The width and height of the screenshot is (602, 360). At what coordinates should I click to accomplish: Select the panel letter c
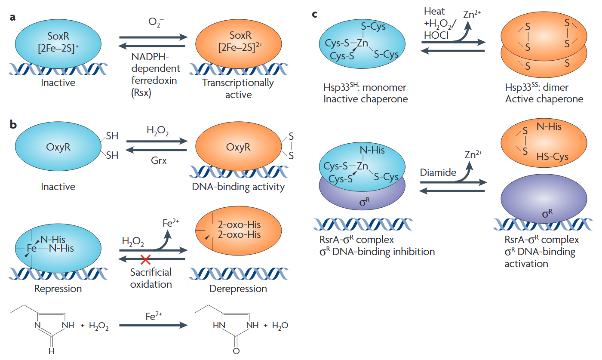point(315,15)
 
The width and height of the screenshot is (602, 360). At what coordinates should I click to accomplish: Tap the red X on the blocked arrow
point(146,259)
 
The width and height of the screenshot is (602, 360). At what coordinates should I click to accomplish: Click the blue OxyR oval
point(58,148)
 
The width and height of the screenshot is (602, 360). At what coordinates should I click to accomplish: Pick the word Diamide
point(438,172)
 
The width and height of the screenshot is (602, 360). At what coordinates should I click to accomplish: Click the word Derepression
point(238,289)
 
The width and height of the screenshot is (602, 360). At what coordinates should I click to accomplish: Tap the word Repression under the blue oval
point(58,289)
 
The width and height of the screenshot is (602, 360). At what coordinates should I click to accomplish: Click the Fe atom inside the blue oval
point(32,249)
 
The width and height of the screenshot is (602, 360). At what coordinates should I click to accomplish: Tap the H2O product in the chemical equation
point(279,326)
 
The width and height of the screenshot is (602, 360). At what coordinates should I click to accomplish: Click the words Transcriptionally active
point(238,89)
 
